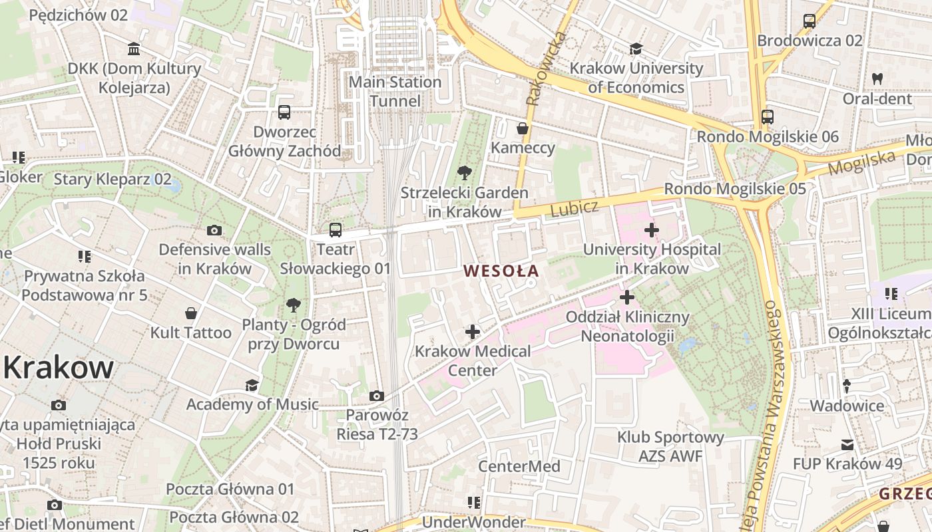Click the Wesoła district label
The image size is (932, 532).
(501, 271)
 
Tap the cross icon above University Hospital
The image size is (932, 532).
(652, 230)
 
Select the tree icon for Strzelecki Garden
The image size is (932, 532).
(464, 174)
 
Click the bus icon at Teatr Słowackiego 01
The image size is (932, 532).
(336, 230)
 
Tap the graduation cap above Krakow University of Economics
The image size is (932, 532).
(636, 49)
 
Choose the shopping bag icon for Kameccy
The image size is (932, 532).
(523, 128)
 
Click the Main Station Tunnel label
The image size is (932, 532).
(395, 92)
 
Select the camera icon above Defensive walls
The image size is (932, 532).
(214, 230)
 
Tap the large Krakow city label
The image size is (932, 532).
(58, 367)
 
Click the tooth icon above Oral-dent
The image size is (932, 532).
(877, 78)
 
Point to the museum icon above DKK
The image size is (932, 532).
(134, 49)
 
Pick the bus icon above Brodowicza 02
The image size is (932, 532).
(810, 21)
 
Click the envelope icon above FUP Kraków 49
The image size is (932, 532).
(847, 444)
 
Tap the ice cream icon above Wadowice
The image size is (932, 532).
(847, 386)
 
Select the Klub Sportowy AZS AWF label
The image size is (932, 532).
(670, 447)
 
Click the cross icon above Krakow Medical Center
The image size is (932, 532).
(473, 331)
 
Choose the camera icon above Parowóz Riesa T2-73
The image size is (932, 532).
(377, 396)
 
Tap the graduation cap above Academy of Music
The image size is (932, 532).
(252, 385)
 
